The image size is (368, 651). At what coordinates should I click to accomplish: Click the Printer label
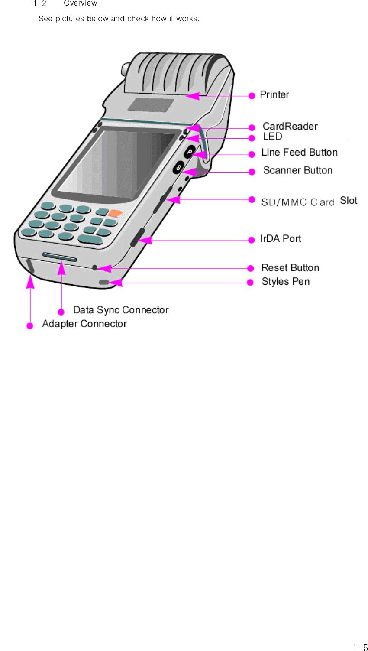(x=274, y=95)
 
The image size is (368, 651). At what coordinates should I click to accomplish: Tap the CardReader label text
(x=290, y=127)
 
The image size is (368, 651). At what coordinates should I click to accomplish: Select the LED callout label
(x=272, y=137)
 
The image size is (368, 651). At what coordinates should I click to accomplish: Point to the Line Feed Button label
(x=299, y=153)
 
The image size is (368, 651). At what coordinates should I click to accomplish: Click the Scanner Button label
(x=297, y=171)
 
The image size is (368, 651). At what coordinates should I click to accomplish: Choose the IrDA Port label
(x=281, y=239)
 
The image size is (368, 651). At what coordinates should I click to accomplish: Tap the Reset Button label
(x=290, y=268)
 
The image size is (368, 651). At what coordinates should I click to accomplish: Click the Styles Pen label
(x=285, y=282)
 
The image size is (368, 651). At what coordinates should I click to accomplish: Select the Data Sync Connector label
(x=121, y=310)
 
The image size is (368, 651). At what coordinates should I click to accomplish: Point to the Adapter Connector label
(x=84, y=324)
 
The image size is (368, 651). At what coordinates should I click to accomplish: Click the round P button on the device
(x=190, y=152)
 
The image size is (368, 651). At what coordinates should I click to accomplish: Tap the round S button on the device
(x=178, y=167)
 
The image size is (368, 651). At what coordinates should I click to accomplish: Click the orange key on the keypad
(x=115, y=213)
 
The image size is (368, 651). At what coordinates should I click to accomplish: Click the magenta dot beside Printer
(x=252, y=96)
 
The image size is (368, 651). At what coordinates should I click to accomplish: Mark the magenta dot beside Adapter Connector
(x=30, y=326)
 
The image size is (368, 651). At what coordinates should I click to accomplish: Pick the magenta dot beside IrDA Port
(x=252, y=240)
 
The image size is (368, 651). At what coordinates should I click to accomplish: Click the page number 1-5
(x=360, y=648)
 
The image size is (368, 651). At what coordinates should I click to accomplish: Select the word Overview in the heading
(x=81, y=3)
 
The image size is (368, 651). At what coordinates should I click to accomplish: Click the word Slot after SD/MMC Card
(x=349, y=201)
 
